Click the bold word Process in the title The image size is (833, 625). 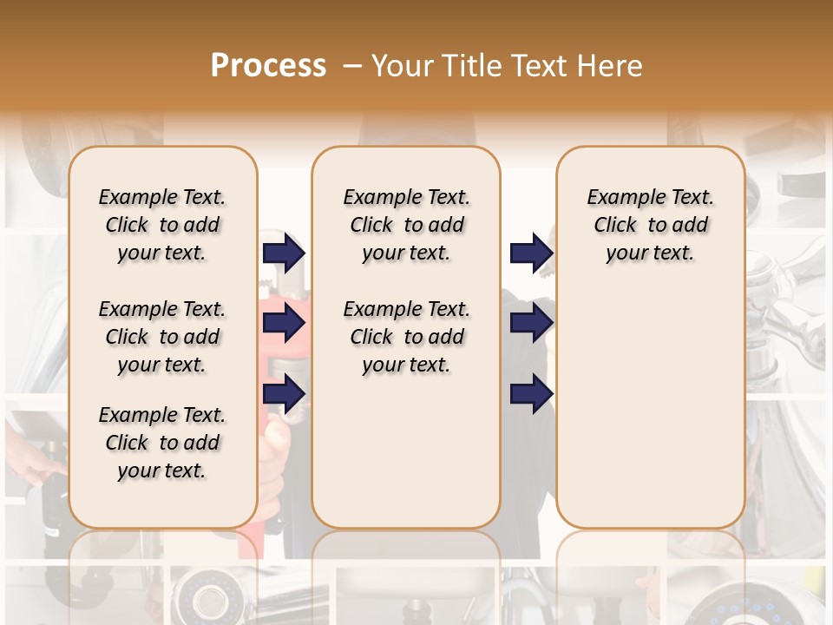pos(268,66)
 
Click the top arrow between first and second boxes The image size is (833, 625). pos(284,253)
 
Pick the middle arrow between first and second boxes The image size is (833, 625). pos(284,324)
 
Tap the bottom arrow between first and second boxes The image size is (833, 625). pos(284,393)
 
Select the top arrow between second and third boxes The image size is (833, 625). pos(531,253)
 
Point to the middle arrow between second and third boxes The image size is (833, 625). pos(531,324)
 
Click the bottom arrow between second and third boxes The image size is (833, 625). pos(531,393)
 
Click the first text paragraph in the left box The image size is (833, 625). pos(162,225)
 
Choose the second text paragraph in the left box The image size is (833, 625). pos(162,337)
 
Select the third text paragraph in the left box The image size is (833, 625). pos(162,443)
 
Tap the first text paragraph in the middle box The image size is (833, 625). pos(406,225)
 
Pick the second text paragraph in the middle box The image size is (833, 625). pos(406,337)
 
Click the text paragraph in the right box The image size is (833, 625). pos(651,225)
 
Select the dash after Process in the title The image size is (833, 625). pos(351,66)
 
